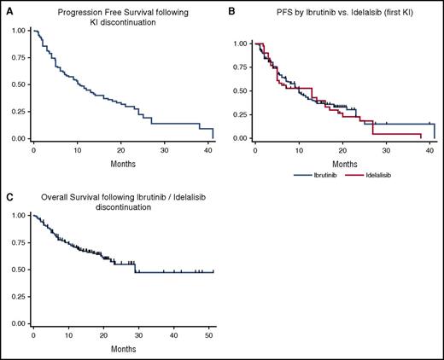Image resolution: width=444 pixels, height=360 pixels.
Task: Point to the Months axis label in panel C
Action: click(123, 350)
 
